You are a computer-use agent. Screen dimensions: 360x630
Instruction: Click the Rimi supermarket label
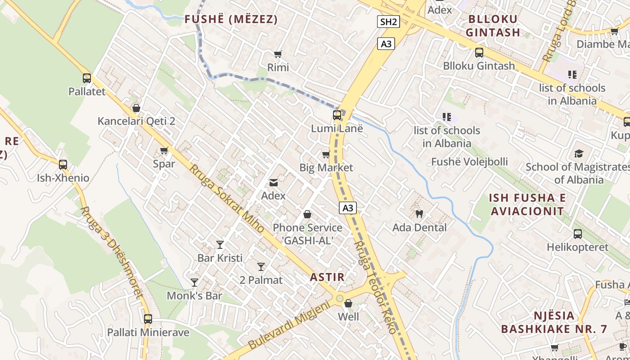278,67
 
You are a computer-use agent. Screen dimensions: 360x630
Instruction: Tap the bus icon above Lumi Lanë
337,115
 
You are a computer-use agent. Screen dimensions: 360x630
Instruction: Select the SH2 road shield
388,22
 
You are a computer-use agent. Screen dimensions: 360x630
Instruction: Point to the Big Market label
326,168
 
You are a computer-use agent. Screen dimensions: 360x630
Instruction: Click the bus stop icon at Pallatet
87,78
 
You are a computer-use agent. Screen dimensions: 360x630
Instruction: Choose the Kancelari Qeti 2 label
136,121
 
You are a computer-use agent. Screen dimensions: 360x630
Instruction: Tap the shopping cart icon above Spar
164,151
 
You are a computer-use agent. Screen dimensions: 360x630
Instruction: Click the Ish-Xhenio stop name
63,178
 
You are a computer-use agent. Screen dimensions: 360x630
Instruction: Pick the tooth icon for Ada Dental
419,214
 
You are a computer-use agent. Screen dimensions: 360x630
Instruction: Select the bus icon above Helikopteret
578,234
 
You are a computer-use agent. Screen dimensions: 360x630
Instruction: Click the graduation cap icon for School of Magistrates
578,153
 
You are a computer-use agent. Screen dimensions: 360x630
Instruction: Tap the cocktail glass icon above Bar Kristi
220,245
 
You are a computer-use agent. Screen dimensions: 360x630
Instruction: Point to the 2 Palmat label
261,280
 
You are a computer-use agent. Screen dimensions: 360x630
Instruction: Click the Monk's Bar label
194,296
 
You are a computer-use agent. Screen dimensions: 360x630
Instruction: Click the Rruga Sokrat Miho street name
226,198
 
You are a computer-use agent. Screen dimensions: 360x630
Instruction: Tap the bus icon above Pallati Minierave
148,319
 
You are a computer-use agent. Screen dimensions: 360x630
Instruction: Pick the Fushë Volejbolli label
469,162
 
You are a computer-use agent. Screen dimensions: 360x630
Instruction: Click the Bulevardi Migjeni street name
289,326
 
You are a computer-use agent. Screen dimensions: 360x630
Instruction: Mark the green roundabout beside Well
339,298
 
